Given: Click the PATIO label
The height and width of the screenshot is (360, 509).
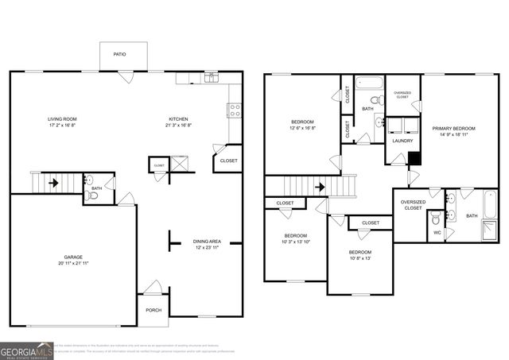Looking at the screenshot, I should coord(119,55).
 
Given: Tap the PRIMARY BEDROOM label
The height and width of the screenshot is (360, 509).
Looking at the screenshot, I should coord(454,128).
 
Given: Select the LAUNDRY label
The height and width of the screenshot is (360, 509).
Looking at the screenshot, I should coord(402,141).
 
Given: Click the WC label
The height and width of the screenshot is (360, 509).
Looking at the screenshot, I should coord(437,232).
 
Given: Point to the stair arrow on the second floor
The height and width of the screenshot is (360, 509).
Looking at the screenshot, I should coord(320,188).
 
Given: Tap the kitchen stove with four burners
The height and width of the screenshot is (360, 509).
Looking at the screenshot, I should coord(235,110).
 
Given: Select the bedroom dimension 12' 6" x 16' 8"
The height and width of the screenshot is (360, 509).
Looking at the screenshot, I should coord(302,128).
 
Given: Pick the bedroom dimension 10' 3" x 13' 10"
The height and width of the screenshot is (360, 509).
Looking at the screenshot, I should coord(296,242).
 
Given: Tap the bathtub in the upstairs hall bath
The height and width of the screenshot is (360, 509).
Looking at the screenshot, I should coord(369,82).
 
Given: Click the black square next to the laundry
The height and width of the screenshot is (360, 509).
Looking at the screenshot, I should coord(414,157).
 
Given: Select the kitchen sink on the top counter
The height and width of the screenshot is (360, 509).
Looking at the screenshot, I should coord(212,78).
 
